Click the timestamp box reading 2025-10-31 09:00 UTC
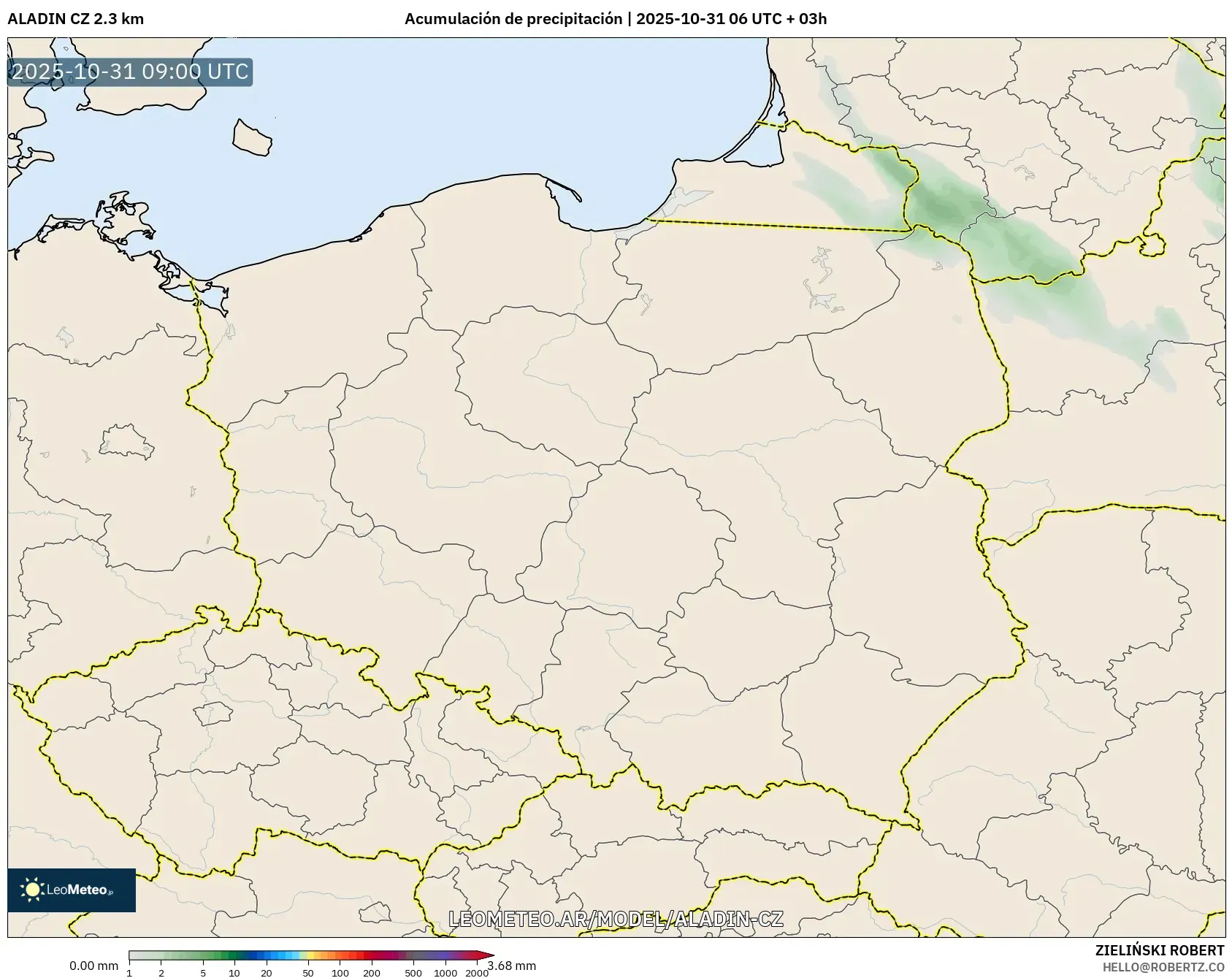(x=130, y=72)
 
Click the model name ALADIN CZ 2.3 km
(x=75, y=19)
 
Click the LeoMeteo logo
(x=71, y=890)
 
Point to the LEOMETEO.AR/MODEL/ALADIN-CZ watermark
(x=616, y=919)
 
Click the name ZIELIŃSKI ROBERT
(x=1159, y=950)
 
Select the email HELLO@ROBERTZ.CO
(x=1163, y=967)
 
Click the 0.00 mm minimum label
(x=93, y=966)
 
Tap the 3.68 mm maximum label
(x=511, y=966)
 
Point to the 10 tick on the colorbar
(x=234, y=973)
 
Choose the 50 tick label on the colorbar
(x=308, y=973)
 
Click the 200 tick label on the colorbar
(x=372, y=973)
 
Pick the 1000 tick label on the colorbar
(x=445, y=973)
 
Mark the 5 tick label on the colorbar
(x=203, y=973)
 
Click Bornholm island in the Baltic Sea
(x=251, y=137)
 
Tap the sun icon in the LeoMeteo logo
(x=32, y=890)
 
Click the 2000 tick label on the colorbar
(x=477, y=973)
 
